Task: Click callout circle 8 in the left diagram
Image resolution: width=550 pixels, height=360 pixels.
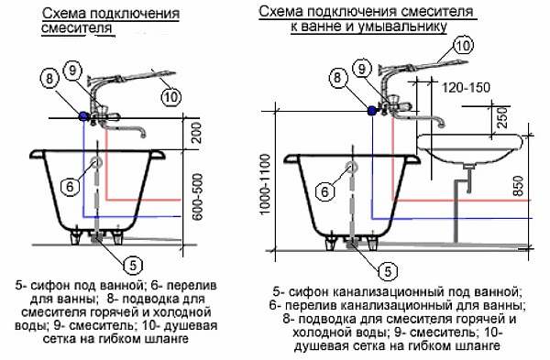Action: click(49, 78)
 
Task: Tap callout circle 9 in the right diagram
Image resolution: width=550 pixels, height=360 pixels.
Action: click(362, 69)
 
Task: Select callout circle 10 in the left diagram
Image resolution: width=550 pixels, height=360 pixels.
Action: click(171, 96)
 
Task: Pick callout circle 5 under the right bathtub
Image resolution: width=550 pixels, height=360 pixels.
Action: click(388, 271)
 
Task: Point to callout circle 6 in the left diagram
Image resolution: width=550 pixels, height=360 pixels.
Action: click(70, 186)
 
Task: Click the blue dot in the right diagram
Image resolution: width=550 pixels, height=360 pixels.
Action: click(371, 111)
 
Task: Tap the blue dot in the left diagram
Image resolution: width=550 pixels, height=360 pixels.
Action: click(83, 115)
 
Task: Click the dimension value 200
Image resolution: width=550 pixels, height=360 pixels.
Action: click(197, 132)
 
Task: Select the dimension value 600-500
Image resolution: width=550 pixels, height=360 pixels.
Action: click(198, 197)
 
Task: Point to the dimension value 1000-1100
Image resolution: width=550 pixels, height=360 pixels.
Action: click(266, 184)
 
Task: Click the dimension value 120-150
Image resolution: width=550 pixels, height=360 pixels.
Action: click(466, 88)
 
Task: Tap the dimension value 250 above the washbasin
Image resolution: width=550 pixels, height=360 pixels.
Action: click(502, 116)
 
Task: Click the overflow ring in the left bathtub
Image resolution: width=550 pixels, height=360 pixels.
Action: click(96, 161)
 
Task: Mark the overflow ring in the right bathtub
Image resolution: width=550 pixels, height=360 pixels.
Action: click(351, 168)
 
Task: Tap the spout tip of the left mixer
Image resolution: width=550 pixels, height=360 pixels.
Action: click(142, 135)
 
